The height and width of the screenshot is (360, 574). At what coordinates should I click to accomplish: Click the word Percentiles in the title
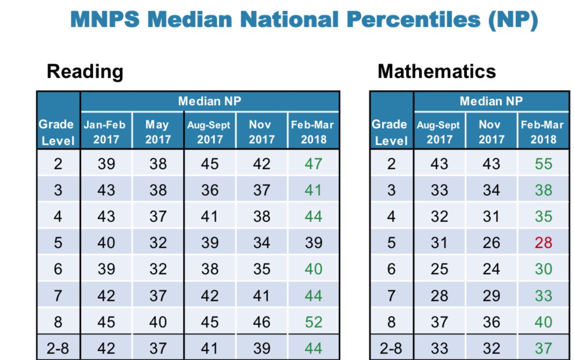pyautogui.click(x=412, y=20)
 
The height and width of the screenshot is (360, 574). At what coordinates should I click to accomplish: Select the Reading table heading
pyautogui.click(x=85, y=71)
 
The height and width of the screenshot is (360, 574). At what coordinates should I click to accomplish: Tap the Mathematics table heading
pyautogui.click(x=437, y=71)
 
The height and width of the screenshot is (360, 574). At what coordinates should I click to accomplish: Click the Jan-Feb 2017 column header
pyautogui.click(x=106, y=132)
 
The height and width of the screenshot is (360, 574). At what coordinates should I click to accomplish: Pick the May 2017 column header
pyautogui.click(x=158, y=132)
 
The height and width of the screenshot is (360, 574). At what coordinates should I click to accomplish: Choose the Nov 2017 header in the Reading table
pyautogui.click(x=261, y=132)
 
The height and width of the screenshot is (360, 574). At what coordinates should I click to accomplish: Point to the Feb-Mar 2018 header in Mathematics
pyautogui.click(x=543, y=132)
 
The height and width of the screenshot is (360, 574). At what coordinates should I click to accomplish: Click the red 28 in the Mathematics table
pyautogui.click(x=543, y=243)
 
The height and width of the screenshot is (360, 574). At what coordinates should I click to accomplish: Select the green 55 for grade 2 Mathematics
pyautogui.click(x=543, y=164)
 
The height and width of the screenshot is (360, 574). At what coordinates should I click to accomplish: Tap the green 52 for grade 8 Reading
pyautogui.click(x=313, y=322)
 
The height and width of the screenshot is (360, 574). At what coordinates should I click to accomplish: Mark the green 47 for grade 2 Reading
pyautogui.click(x=313, y=164)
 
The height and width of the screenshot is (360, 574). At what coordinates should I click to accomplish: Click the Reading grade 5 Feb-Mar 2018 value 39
pyautogui.click(x=313, y=243)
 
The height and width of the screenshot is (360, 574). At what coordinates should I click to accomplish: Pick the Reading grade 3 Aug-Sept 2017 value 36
pyautogui.click(x=210, y=190)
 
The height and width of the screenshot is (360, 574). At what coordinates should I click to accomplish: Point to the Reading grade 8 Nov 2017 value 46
pyautogui.click(x=261, y=322)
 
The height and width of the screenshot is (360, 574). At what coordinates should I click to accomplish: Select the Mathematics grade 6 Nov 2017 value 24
pyautogui.click(x=491, y=269)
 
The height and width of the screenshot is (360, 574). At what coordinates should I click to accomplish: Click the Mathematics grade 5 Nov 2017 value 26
pyautogui.click(x=491, y=243)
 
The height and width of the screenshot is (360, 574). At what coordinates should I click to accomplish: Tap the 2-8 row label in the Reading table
pyautogui.click(x=58, y=348)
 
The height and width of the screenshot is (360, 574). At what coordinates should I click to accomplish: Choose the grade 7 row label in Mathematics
pyautogui.click(x=391, y=296)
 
